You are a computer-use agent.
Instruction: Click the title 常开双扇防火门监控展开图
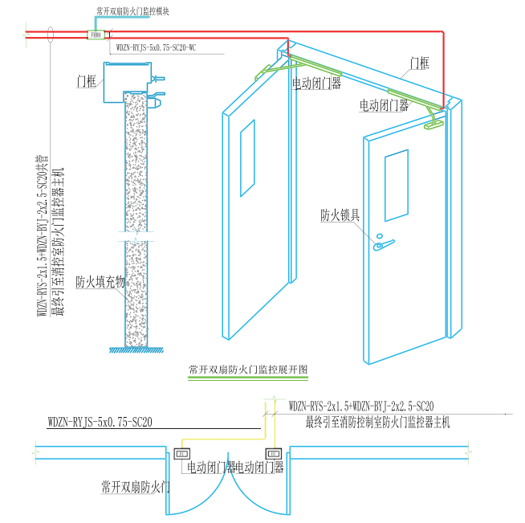click(248, 370)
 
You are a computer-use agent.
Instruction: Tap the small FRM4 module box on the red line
click(96, 35)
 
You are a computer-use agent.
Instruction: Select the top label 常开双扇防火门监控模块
click(132, 12)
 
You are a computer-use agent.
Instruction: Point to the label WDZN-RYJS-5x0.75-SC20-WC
click(156, 47)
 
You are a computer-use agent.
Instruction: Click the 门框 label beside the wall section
click(87, 80)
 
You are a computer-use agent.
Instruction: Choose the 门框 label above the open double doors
click(420, 62)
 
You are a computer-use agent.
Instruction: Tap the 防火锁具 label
click(340, 215)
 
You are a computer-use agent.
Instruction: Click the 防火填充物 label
click(100, 282)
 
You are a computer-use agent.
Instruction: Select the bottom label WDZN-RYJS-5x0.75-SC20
click(100, 421)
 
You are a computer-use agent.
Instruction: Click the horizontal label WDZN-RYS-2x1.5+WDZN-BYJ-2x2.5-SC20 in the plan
click(361, 407)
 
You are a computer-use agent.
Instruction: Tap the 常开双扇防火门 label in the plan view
click(136, 487)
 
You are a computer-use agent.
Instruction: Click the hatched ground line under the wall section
click(137, 349)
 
